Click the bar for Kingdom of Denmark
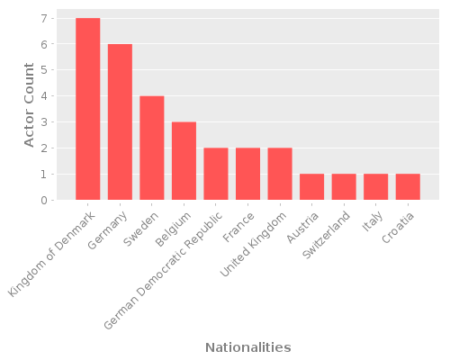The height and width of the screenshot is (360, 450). coord(88,109)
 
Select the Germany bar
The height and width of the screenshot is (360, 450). coord(120,121)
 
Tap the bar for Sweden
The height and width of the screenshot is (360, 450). coord(152,148)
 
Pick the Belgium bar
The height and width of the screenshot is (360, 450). coord(184,161)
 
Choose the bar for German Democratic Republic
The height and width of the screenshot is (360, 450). coord(216,174)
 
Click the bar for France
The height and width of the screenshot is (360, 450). coord(247,174)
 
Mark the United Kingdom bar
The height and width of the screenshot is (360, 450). coord(280,174)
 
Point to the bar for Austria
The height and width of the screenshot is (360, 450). coord(311,187)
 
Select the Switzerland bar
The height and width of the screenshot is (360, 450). coord(344,187)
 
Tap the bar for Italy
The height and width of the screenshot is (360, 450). coord(375,187)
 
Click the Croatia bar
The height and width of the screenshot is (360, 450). coord(408,187)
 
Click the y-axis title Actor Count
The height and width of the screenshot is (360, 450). coord(29,104)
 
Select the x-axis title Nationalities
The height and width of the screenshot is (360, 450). coord(247,347)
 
